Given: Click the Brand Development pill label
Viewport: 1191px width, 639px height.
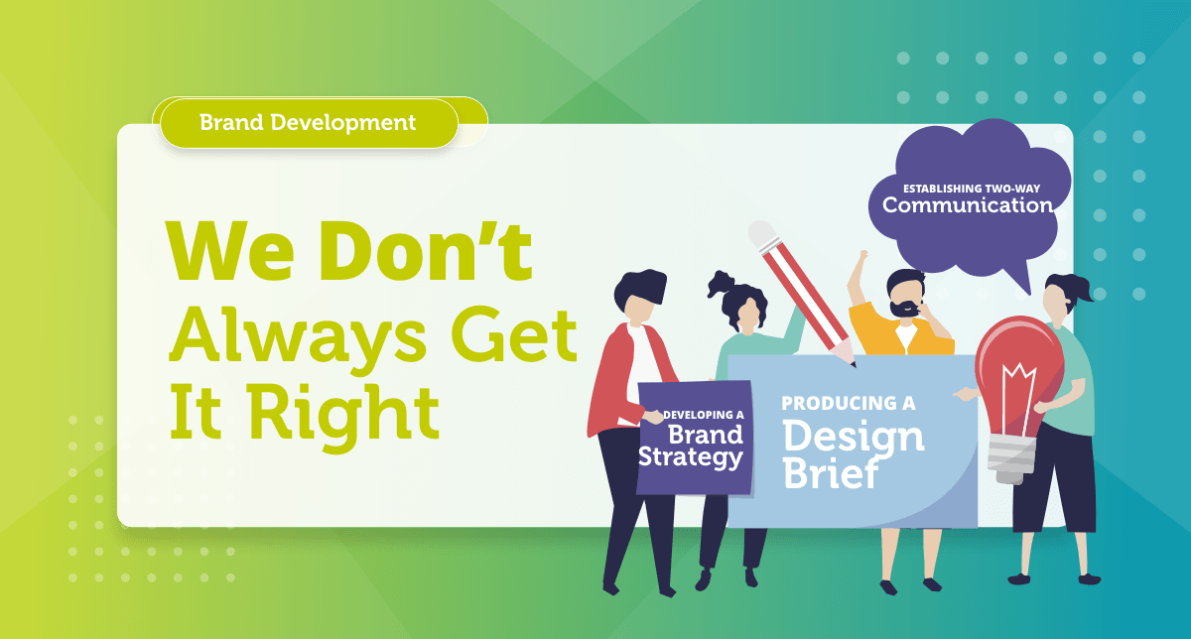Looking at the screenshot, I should click(x=307, y=123).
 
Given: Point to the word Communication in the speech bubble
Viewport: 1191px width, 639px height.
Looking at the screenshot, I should click(x=967, y=205).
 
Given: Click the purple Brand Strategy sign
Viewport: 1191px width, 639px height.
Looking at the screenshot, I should click(x=694, y=438).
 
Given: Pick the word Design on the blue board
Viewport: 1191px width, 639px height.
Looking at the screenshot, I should click(x=853, y=437).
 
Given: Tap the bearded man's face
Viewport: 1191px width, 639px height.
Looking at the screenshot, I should click(x=904, y=296).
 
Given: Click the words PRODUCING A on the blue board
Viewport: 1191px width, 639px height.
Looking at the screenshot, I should click(x=848, y=404).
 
